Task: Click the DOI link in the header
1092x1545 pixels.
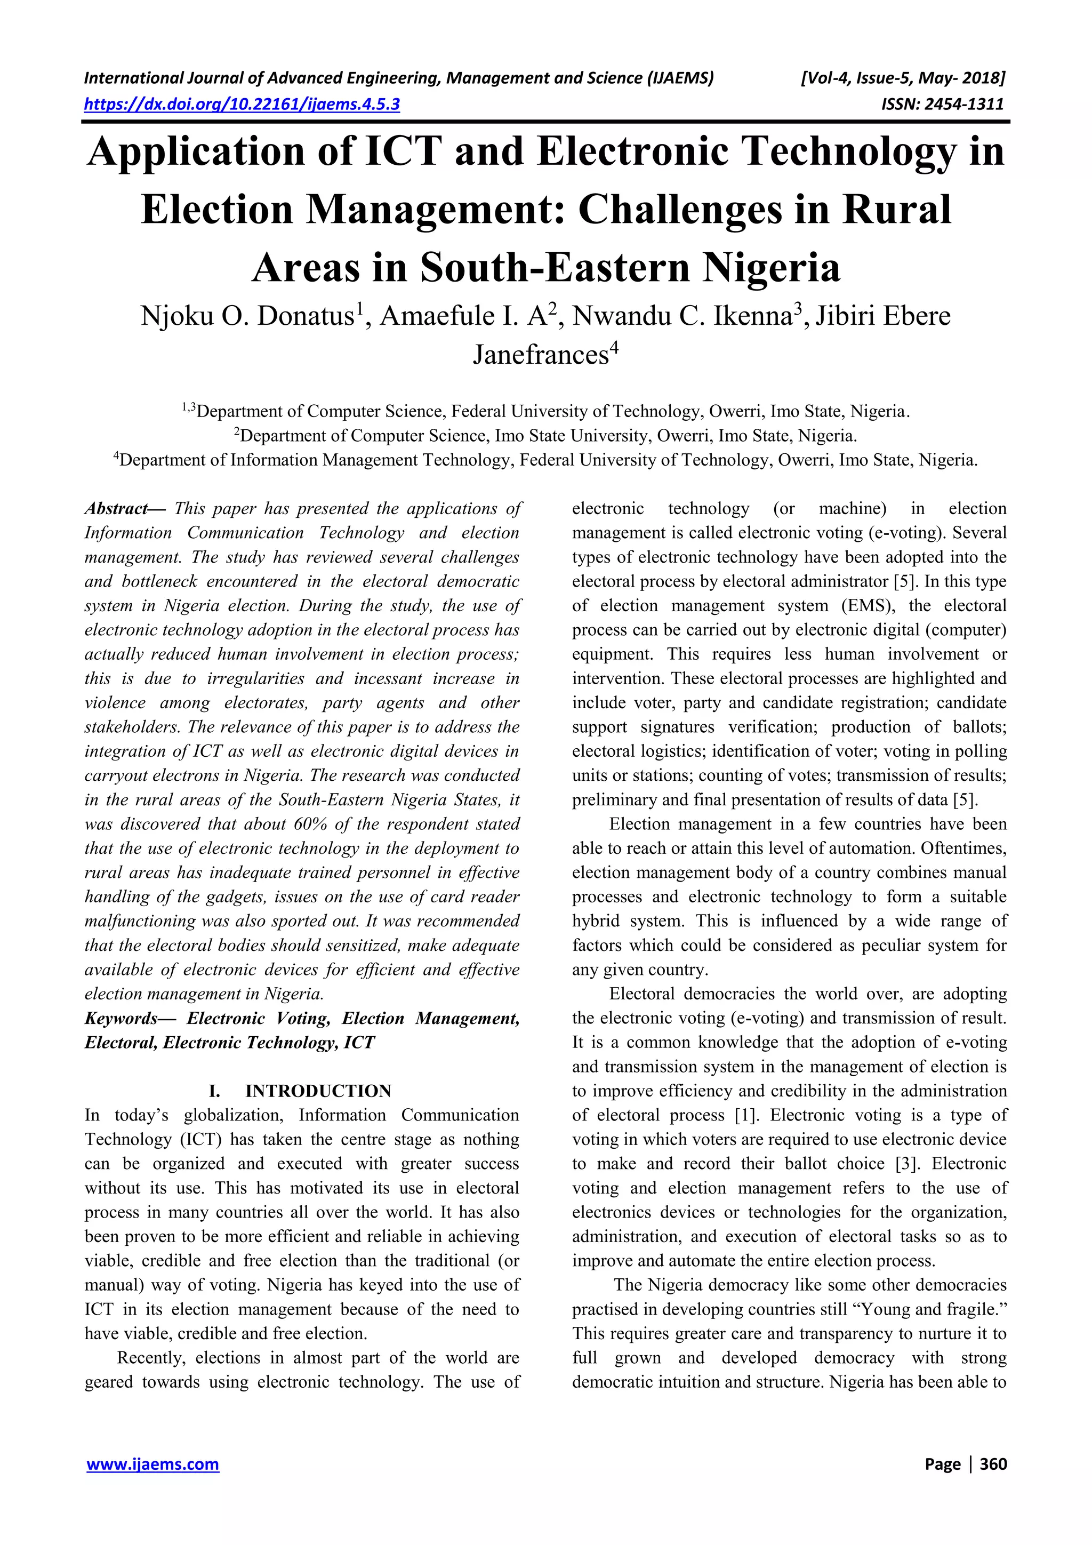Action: tap(242, 105)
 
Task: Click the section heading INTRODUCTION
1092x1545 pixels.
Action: tap(318, 1091)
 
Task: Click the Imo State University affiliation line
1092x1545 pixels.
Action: tap(545, 436)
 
